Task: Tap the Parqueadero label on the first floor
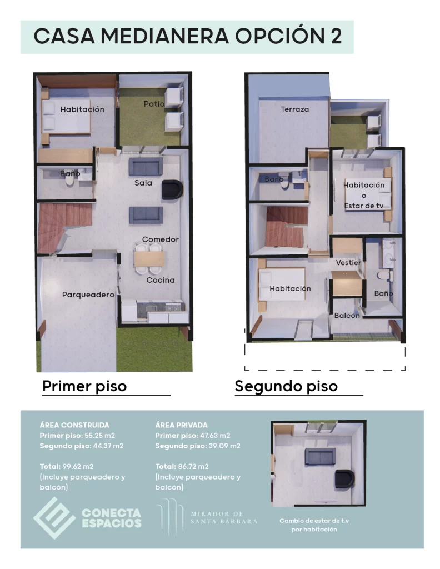coord(88,295)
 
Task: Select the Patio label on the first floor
coord(153,104)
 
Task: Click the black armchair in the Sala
coord(172,189)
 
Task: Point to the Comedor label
coord(160,239)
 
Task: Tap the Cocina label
coord(161,280)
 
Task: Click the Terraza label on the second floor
coord(294,109)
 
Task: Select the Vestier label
coord(348,262)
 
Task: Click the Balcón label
coord(347,315)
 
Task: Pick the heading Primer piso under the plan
coord(84,386)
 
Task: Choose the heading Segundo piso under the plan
coord(286,386)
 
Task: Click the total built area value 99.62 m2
coord(77,466)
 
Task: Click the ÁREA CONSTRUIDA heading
coord(74,425)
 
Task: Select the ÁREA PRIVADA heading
coord(182,425)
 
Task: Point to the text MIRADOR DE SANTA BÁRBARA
coord(224,517)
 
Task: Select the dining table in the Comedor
coord(149,259)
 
